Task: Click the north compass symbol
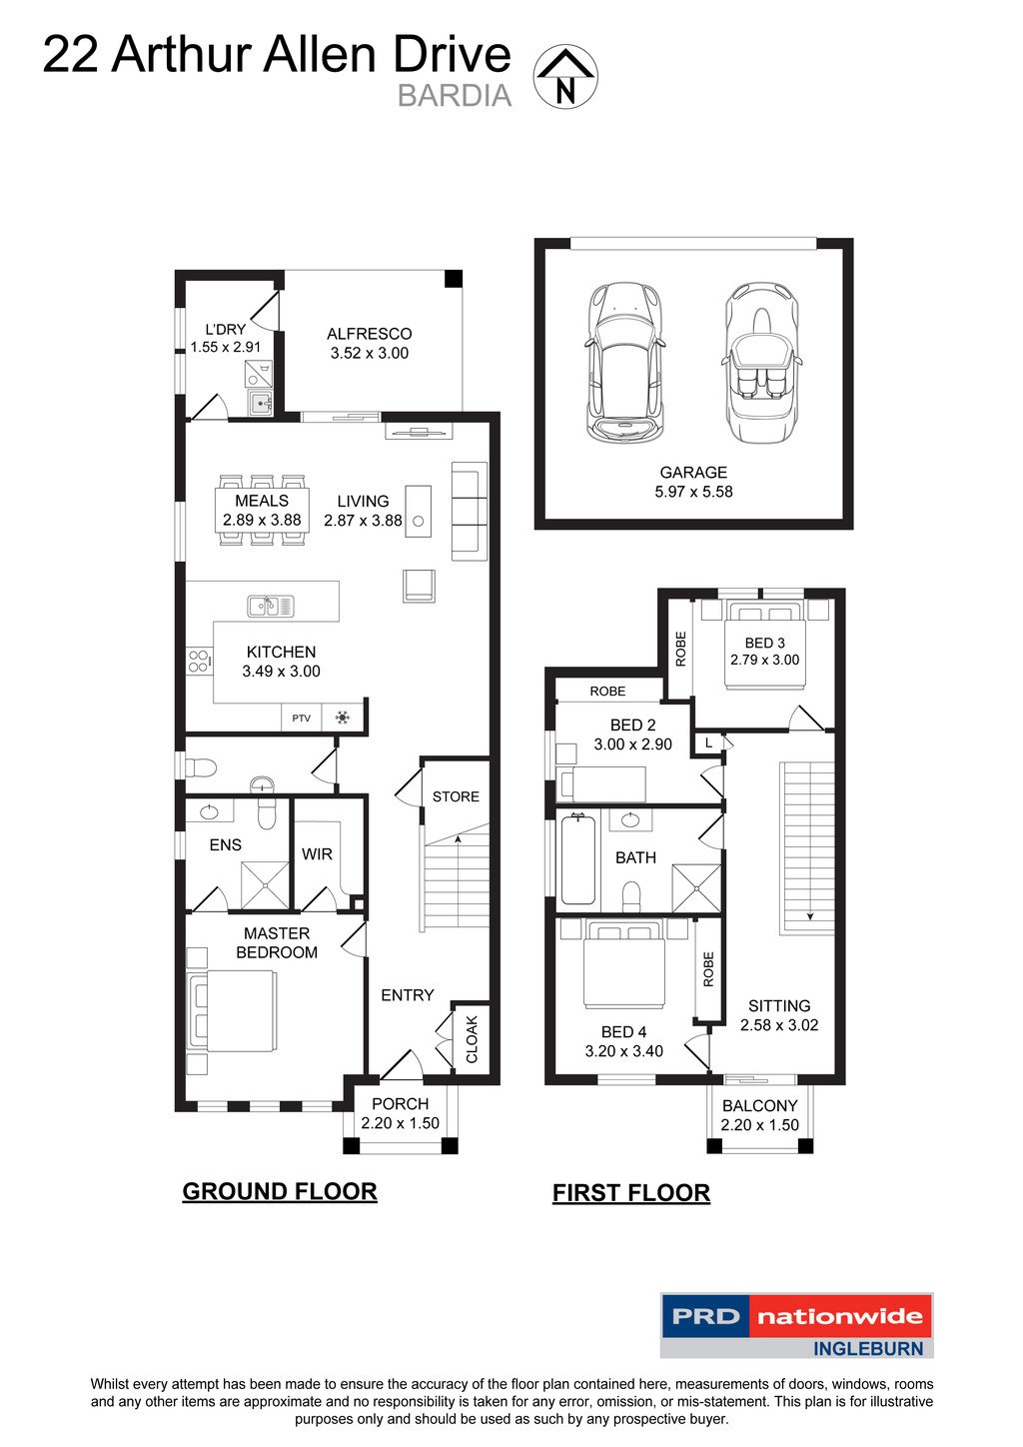pyautogui.click(x=565, y=77)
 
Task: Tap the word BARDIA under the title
pyautogui.click(x=455, y=96)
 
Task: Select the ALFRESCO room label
pyautogui.click(x=369, y=334)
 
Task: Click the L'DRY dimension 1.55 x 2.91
pyautogui.click(x=226, y=348)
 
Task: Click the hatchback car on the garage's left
pyautogui.click(x=625, y=362)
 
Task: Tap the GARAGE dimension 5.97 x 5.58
pyautogui.click(x=693, y=492)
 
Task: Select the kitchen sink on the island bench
pyautogui.click(x=271, y=606)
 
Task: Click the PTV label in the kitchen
pyautogui.click(x=301, y=718)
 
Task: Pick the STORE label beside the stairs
pyautogui.click(x=456, y=796)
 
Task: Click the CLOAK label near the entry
pyautogui.click(x=473, y=1039)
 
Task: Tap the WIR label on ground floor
pyautogui.click(x=317, y=854)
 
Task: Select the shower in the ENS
pyautogui.click(x=265, y=886)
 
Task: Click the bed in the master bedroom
pyautogui.click(x=233, y=1010)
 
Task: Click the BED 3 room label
pyautogui.click(x=764, y=643)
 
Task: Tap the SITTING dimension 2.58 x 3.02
pyautogui.click(x=779, y=1025)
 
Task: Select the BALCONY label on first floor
pyautogui.click(x=759, y=1105)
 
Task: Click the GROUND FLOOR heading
pyautogui.click(x=280, y=1191)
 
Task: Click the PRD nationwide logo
pyautogui.click(x=796, y=1325)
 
